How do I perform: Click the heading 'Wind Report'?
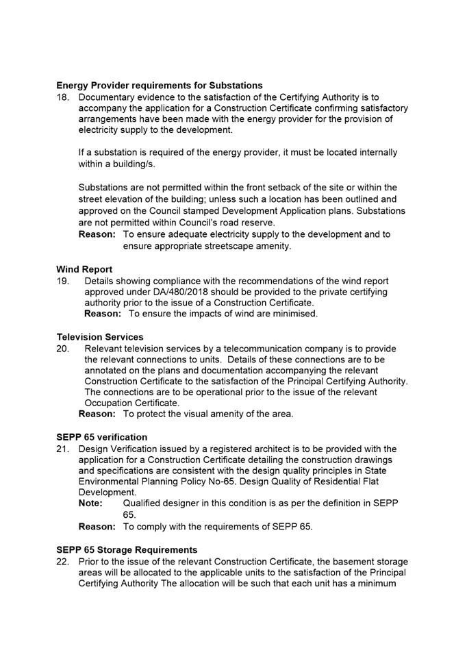(x=84, y=269)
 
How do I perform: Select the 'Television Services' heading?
(x=100, y=337)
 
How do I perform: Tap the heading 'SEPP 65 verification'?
(x=101, y=437)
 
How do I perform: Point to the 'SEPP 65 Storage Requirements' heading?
(x=127, y=550)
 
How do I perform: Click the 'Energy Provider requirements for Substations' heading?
(x=159, y=86)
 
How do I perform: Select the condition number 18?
(x=62, y=97)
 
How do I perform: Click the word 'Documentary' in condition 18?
(x=107, y=97)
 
